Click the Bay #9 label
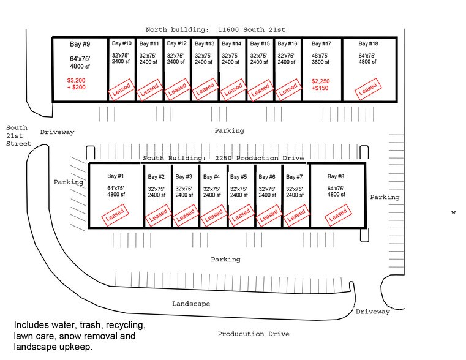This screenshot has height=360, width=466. pyautogui.click(x=80, y=44)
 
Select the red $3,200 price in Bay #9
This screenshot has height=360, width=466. pyautogui.click(x=78, y=80)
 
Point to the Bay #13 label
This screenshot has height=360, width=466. pyautogui.click(x=204, y=43)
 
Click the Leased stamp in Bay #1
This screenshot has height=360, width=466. pyautogui.click(x=115, y=215)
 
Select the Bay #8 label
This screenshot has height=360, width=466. pyautogui.click(x=337, y=176)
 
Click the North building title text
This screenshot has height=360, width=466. pyautogui.click(x=215, y=29)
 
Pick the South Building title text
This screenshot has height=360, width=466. pyautogui.click(x=223, y=158)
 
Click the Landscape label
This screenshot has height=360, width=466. pyautogui.click(x=191, y=304)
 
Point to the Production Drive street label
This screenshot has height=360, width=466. pyautogui.click(x=254, y=334)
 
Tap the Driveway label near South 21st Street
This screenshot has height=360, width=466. pyautogui.click(x=57, y=132)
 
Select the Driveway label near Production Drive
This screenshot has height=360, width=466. pyautogui.click(x=373, y=312)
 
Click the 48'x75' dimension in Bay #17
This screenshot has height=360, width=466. pyautogui.click(x=321, y=55)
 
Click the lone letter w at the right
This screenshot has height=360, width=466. pyautogui.click(x=454, y=213)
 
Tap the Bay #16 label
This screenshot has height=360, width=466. pyautogui.click(x=287, y=43)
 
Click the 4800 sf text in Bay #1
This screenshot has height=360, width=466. pyautogui.click(x=116, y=195)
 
